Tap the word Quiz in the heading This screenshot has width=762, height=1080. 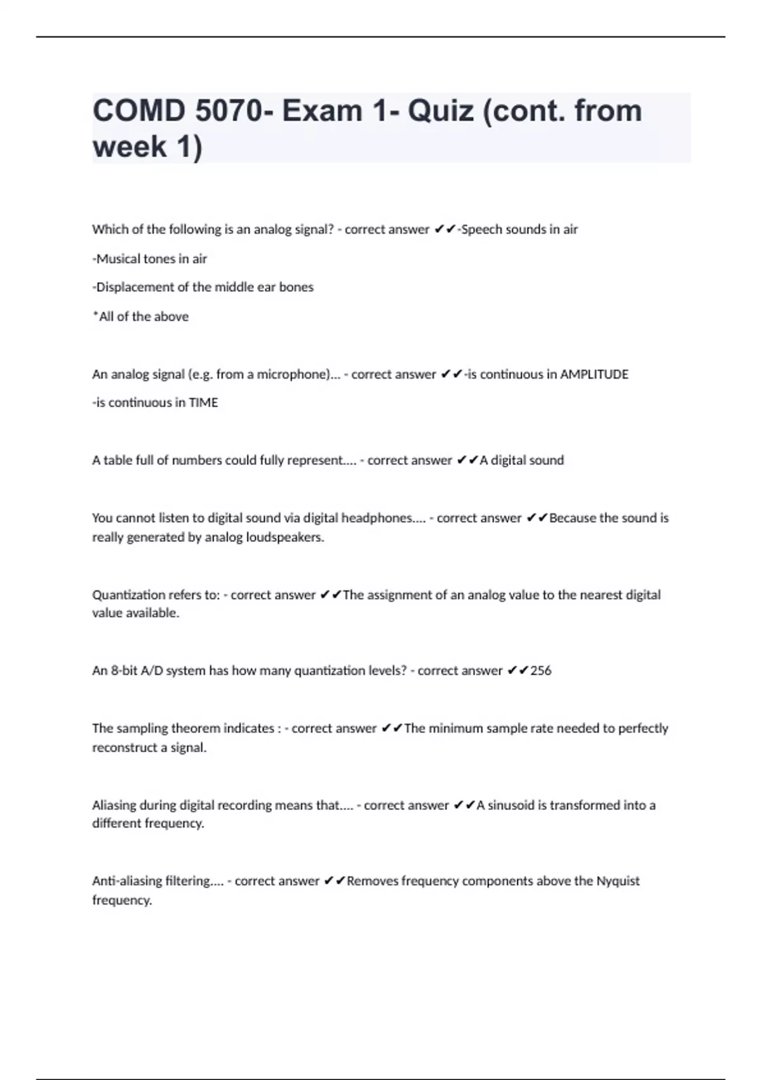(x=440, y=111)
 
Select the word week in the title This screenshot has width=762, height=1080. (x=130, y=147)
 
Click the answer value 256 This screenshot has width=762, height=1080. (x=540, y=671)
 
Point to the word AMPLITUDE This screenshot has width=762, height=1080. (x=594, y=374)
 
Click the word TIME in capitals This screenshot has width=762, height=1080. (x=203, y=403)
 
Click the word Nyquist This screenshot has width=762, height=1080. (x=617, y=881)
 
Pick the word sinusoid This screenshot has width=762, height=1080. (x=511, y=806)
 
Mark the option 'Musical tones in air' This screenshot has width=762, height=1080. (x=150, y=259)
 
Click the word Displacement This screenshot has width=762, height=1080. (x=133, y=287)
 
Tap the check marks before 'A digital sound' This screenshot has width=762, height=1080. (x=467, y=461)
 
